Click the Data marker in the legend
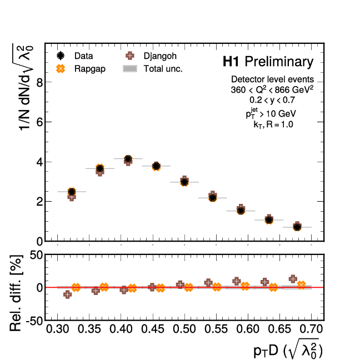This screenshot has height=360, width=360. tap(61, 56)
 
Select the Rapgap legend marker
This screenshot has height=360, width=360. tap(61, 69)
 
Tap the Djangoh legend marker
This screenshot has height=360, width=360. tap(130, 56)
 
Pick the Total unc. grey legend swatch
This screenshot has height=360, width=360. tap(130, 69)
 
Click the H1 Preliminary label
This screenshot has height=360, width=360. tap(268, 61)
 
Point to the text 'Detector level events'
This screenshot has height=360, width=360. tap(272, 79)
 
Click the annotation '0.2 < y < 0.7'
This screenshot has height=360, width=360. tap(272, 100)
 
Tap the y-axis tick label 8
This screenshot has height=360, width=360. tap(39, 82)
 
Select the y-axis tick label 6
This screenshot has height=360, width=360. tap(39, 122)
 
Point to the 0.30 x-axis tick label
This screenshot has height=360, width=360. tap(58, 330)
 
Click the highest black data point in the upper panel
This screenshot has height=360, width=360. tap(128, 159)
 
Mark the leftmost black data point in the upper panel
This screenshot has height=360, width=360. tap(72, 192)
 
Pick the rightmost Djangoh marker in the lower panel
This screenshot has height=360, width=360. tap(293, 279)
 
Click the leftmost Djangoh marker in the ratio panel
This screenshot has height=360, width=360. tap(67, 294)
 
